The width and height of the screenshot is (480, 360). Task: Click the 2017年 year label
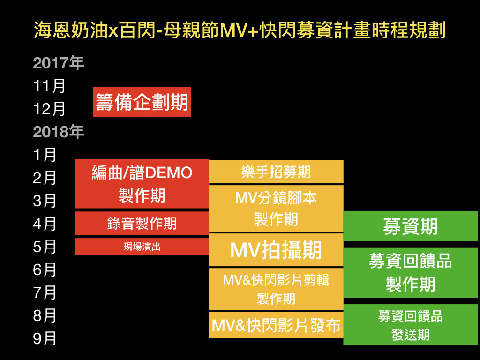[58, 63]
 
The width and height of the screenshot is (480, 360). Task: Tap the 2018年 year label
[58, 132]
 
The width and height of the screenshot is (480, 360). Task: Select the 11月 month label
[49, 86]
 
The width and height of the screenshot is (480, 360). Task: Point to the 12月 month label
[49, 109]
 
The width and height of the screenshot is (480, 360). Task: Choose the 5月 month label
[45, 247]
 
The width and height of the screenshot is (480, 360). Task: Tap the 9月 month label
[45, 338]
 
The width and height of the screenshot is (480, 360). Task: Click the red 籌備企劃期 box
[142, 102]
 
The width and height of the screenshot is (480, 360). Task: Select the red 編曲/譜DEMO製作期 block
[142, 184]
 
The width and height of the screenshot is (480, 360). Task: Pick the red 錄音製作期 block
[142, 223]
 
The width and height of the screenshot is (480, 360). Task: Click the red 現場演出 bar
[142, 247]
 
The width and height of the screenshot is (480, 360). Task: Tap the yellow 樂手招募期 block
[276, 172]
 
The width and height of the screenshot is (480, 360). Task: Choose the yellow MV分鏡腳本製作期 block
[276, 208]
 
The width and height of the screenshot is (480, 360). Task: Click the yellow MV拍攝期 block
[276, 250]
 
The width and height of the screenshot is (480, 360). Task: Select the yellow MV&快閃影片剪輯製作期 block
[276, 289]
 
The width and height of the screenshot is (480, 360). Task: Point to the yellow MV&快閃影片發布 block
[276, 325]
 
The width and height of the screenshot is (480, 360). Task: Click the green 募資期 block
[411, 226]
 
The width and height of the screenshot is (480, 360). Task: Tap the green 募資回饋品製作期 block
[411, 272]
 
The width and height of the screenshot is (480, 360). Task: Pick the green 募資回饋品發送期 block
[411, 325]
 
